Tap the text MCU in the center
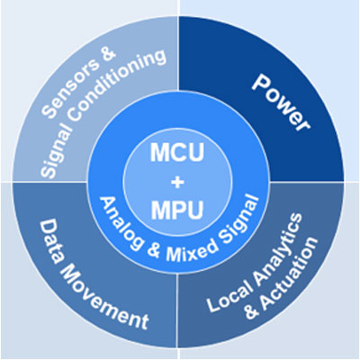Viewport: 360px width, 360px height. (x=177, y=152)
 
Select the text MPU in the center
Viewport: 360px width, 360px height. (x=177, y=210)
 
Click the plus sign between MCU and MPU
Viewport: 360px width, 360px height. (x=177, y=182)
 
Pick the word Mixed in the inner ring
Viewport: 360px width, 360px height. (x=192, y=248)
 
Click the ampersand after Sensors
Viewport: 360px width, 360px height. (x=107, y=56)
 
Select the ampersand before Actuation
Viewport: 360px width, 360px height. (x=251, y=311)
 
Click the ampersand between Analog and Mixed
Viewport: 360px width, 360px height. (x=154, y=251)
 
